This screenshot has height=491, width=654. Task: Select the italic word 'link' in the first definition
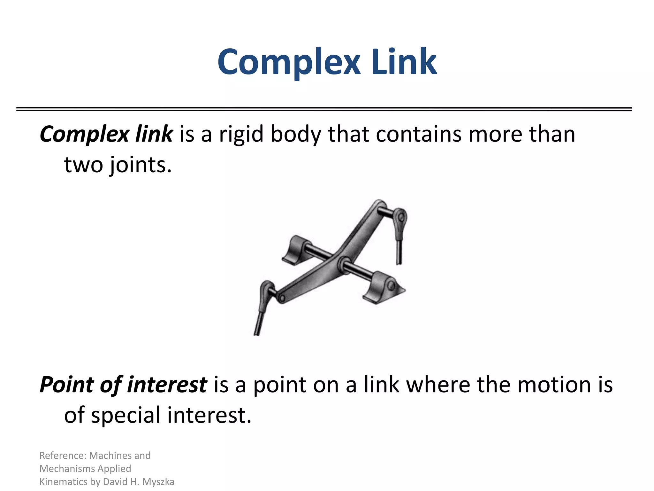(x=154, y=134)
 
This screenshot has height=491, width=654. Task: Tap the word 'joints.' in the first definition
(x=140, y=165)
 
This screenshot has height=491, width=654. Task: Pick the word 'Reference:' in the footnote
(x=63, y=456)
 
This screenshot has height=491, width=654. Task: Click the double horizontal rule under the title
(x=324, y=109)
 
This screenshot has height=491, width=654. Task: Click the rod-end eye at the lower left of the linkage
(x=266, y=289)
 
